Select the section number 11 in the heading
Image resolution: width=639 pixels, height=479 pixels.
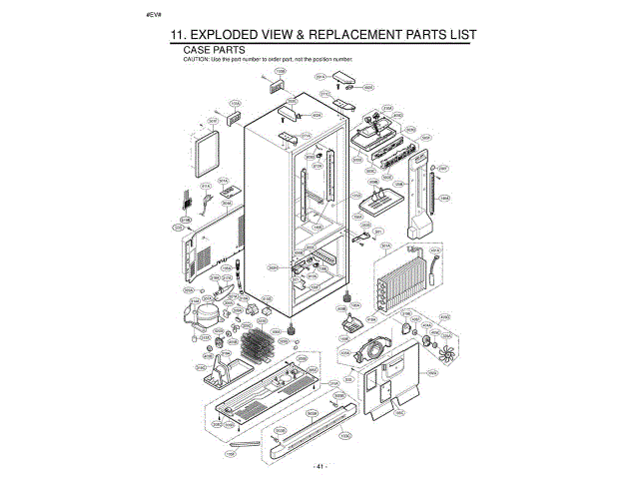[x=181, y=35]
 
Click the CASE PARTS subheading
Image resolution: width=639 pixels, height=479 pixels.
[x=215, y=50]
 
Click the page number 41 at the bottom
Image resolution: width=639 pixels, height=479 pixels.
[x=319, y=467]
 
